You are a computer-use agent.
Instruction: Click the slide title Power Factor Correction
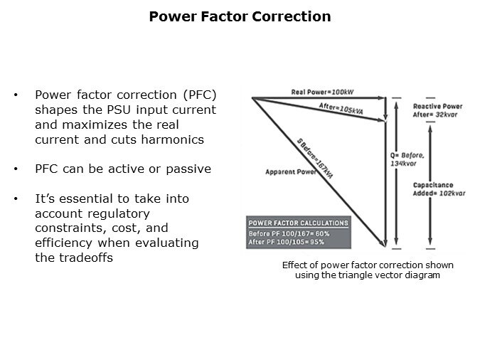click(x=240, y=16)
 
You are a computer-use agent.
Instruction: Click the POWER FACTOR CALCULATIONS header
click(x=297, y=223)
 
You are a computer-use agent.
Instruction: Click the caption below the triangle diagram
click(x=367, y=270)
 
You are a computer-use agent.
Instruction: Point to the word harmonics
click(x=176, y=140)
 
